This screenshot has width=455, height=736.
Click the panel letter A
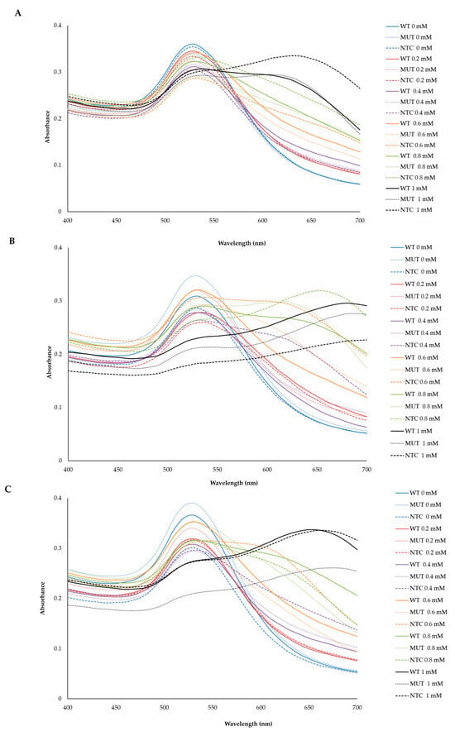[x=18, y=13]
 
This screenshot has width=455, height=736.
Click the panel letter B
[x=12, y=241]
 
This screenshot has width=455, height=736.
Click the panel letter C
[x=8, y=489]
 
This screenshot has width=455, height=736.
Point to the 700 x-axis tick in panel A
[x=360, y=220]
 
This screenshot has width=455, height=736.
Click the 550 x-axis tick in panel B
[x=217, y=469]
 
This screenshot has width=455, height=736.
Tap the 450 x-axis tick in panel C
[x=116, y=707]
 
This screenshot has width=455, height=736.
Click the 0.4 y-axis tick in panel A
[x=57, y=26]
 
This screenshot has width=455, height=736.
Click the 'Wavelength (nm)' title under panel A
[x=242, y=243]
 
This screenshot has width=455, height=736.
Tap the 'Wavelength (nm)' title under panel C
[x=248, y=724]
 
